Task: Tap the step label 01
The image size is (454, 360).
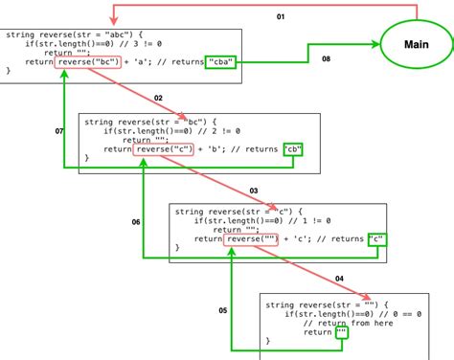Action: pos(280,17)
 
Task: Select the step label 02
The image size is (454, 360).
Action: pos(158,99)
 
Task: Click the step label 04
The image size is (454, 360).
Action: pos(339,279)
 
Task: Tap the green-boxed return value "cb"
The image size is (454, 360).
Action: pos(294,149)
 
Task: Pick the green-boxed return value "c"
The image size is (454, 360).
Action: pos(379,239)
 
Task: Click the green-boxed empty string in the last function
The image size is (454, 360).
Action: pos(335,331)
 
